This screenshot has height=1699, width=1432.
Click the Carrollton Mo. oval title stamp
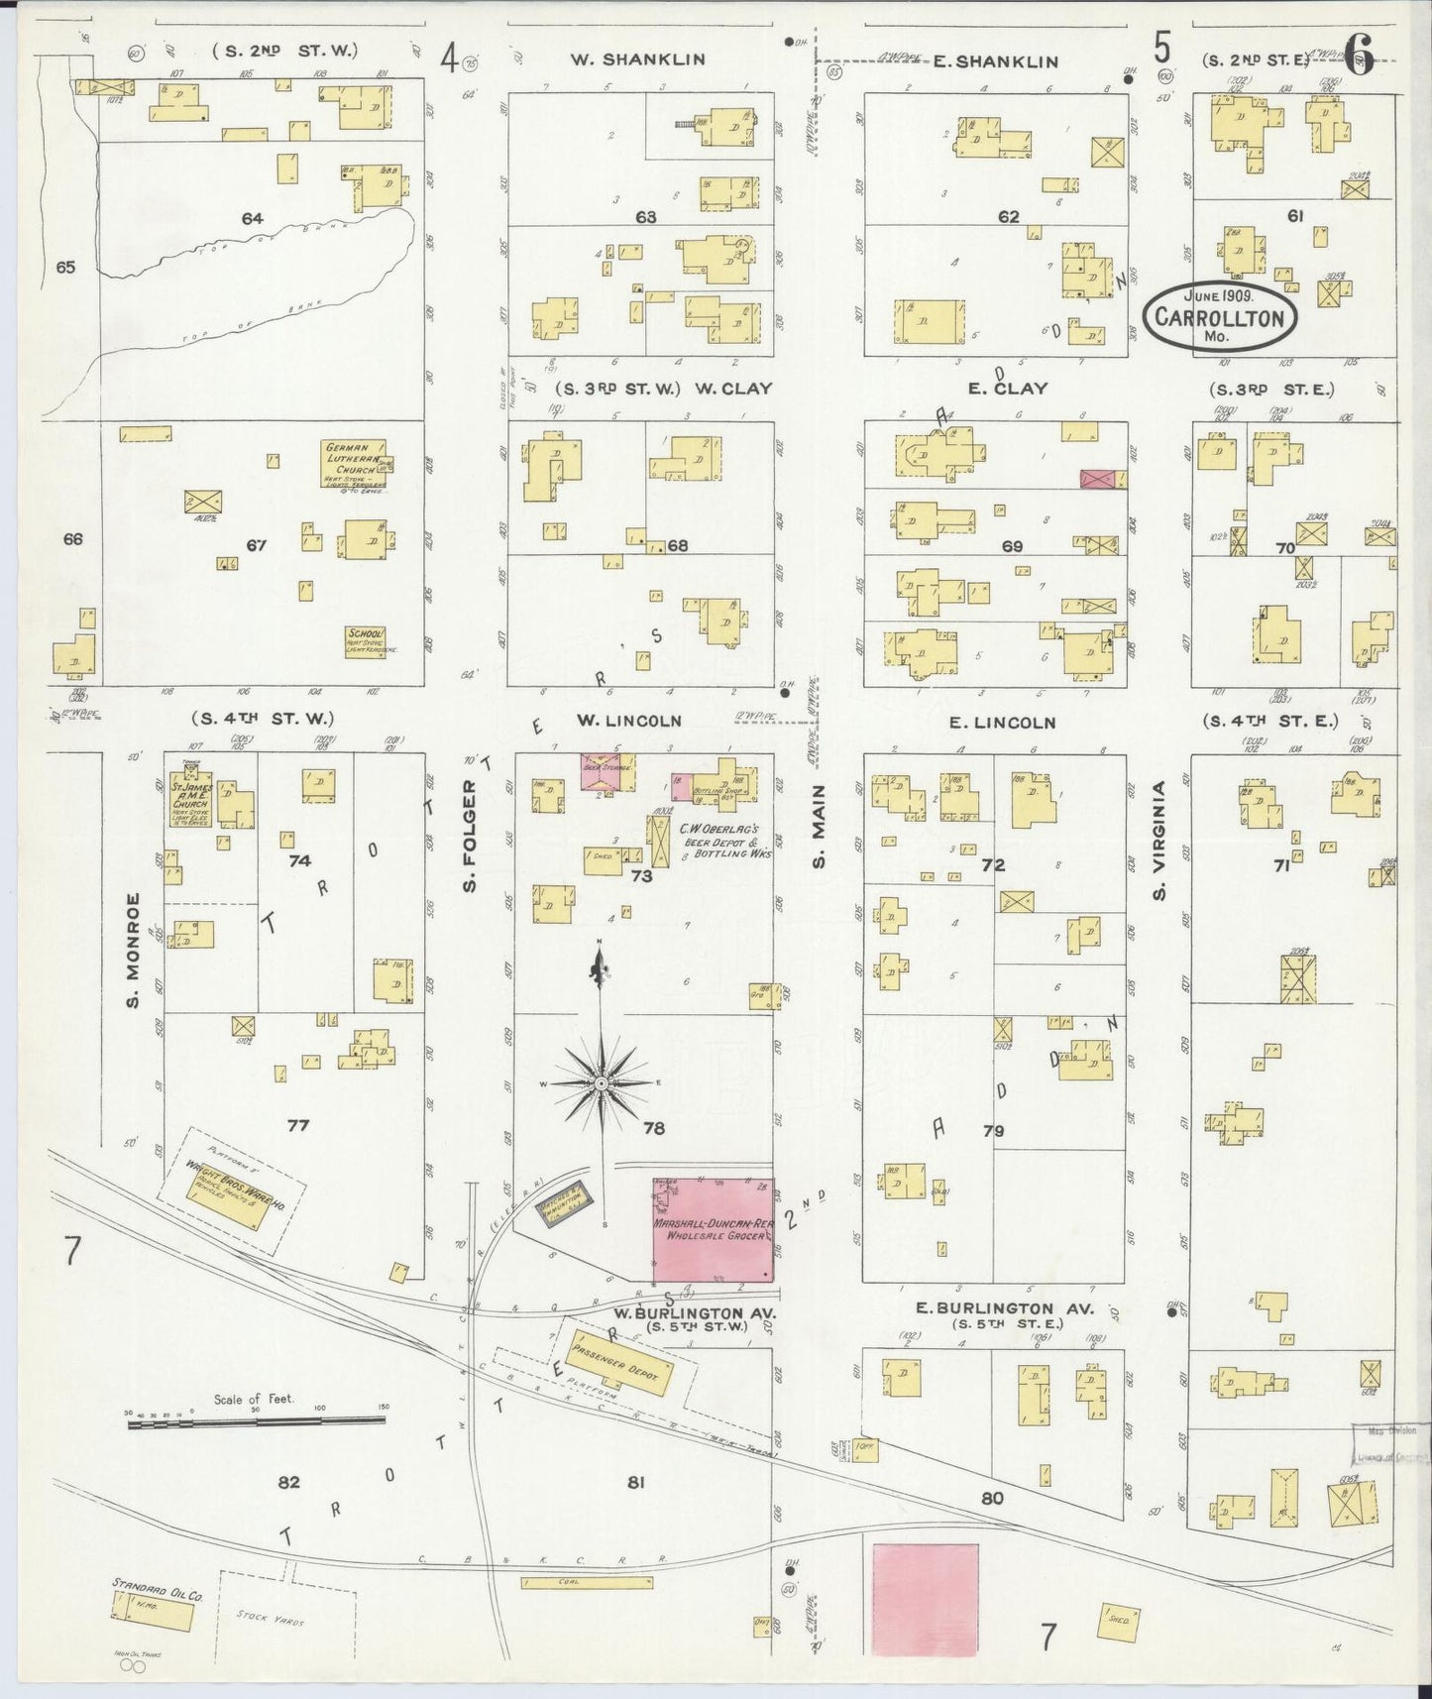pos(1222,315)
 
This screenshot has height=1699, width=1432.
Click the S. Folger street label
pos(471,835)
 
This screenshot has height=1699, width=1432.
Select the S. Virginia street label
pos(1157,840)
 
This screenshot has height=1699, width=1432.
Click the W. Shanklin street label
pos(637,59)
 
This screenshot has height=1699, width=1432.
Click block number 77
pos(297,1125)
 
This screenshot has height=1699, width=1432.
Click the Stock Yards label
pos(270,1622)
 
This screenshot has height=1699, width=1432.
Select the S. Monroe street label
pos(133,950)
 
